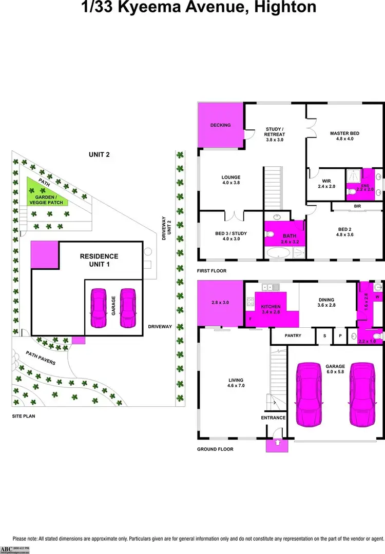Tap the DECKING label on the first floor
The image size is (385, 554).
(x=221, y=125)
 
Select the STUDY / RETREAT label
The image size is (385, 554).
(x=275, y=134)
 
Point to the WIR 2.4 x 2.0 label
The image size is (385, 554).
(x=326, y=183)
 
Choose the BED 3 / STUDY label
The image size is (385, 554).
(x=231, y=236)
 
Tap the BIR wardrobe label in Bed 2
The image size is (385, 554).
(x=357, y=206)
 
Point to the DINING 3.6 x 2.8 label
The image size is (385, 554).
(x=326, y=303)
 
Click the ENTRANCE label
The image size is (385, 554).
(x=273, y=418)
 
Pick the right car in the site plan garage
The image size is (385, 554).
(x=127, y=308)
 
